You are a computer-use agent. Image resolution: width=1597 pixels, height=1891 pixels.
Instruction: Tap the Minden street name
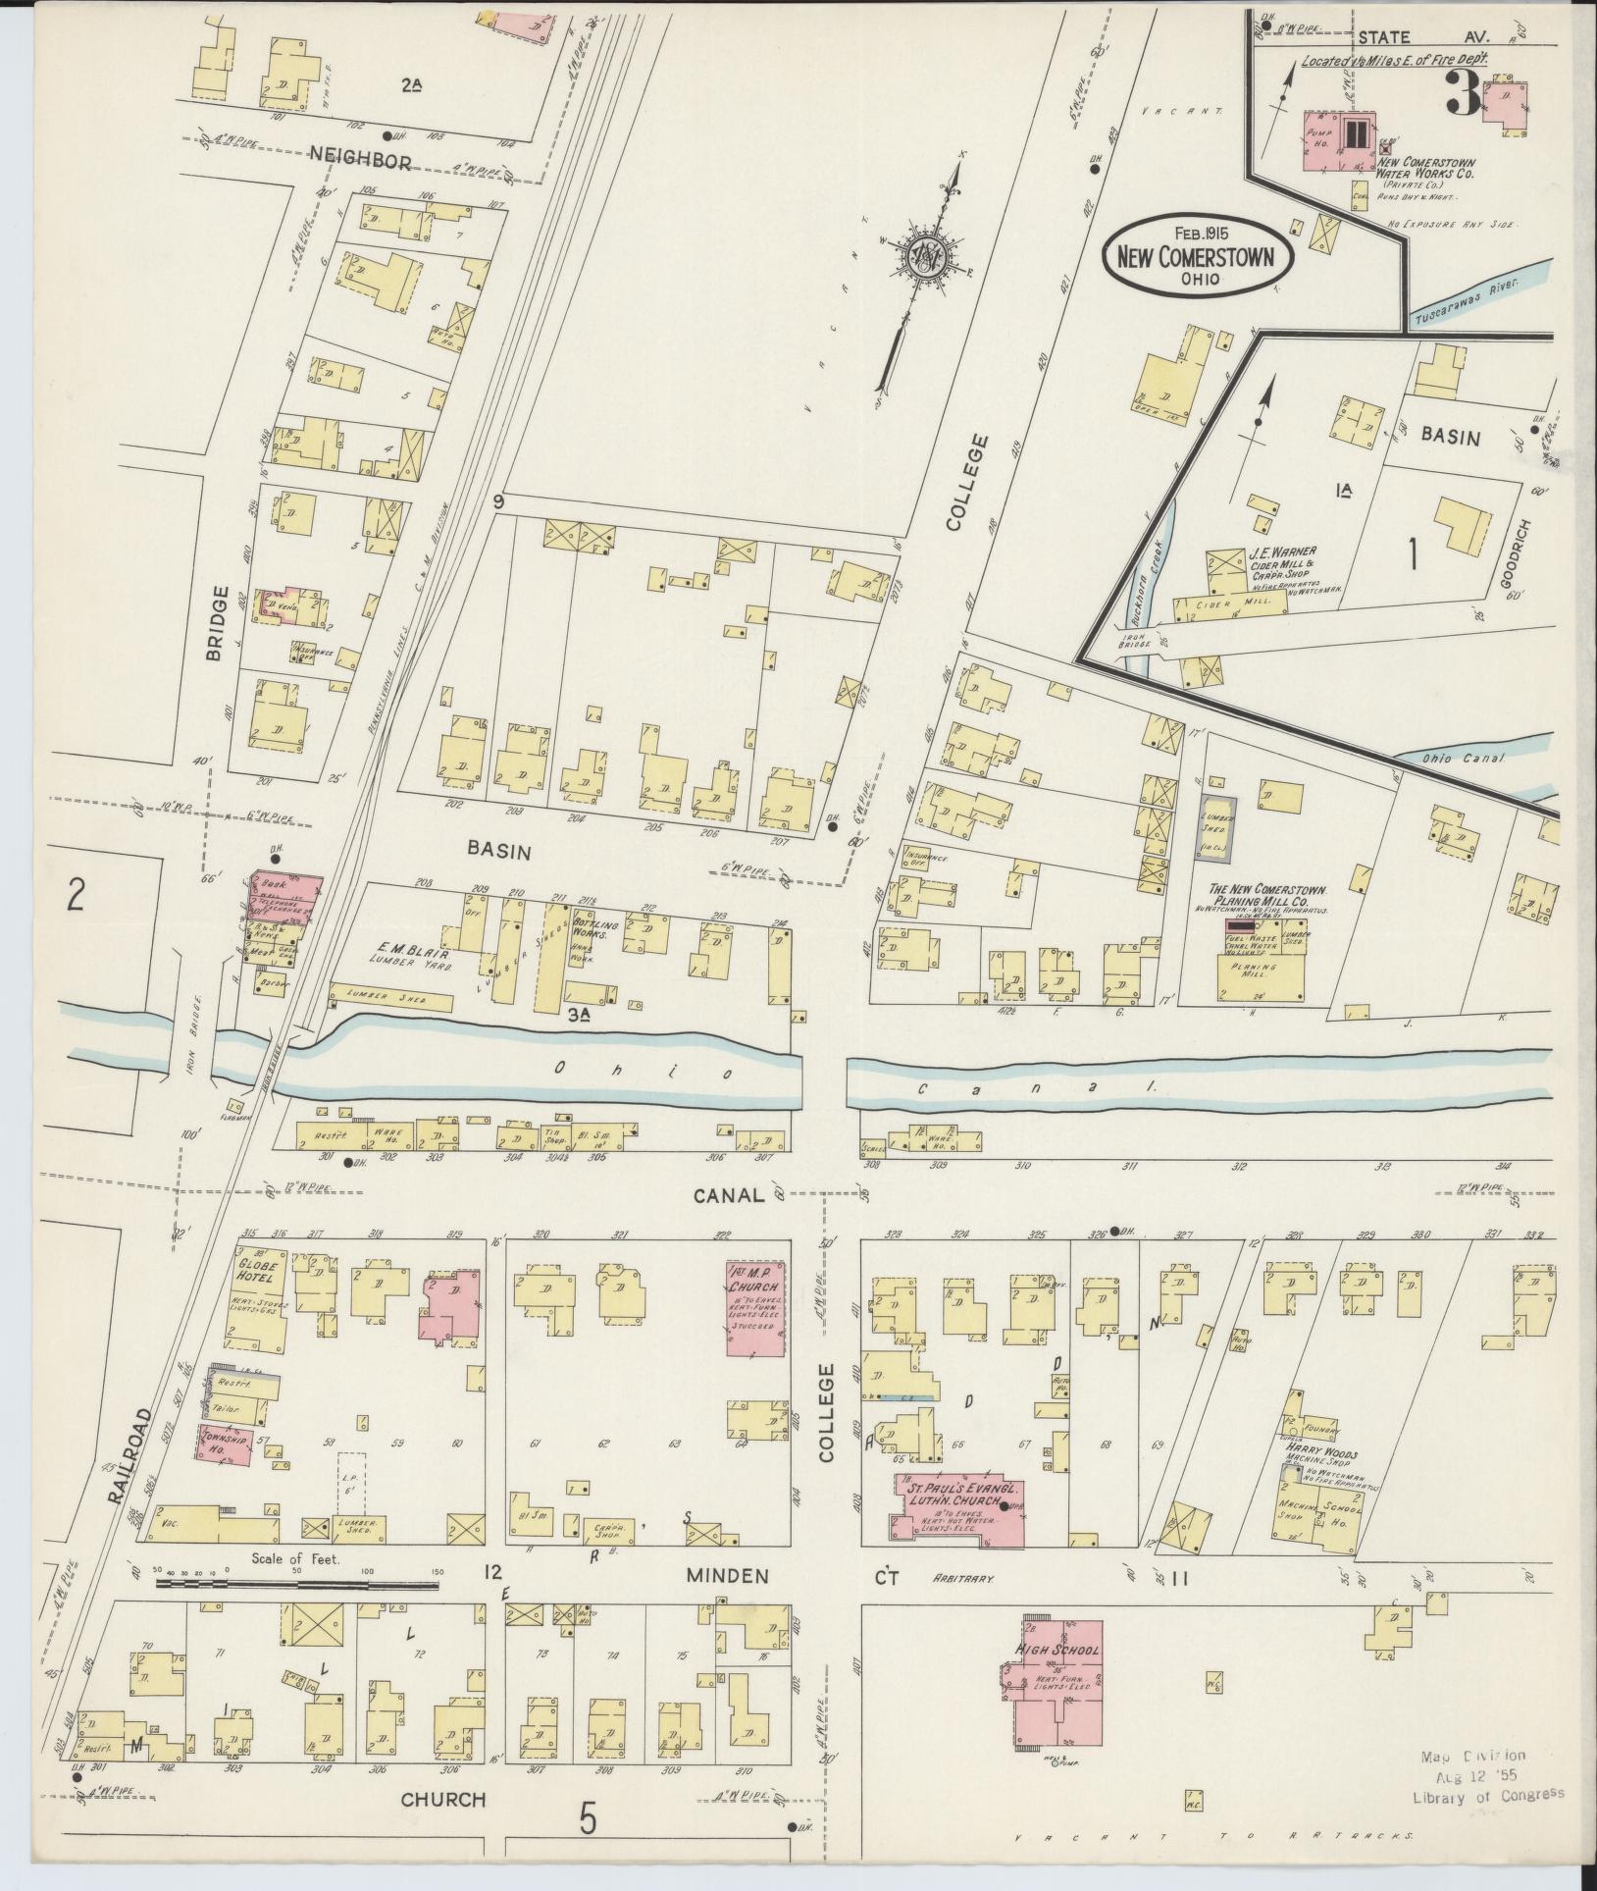(x=727, y=1574)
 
